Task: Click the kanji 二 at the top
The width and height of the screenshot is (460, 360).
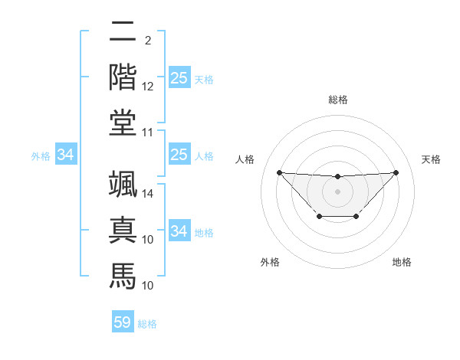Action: [123, 32]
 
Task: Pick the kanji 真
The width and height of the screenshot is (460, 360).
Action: [123, 231]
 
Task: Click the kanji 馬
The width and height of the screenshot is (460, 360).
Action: [123, 275]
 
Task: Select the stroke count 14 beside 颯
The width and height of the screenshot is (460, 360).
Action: [149, 195]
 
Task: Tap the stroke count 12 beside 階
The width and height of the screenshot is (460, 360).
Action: [149, 87]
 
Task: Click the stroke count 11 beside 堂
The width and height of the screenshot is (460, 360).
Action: [149, 132]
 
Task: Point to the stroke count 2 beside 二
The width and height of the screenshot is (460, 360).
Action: [147, 41]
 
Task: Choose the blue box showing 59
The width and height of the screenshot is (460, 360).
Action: [123, 322]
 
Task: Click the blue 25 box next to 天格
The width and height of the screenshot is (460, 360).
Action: [179, 78]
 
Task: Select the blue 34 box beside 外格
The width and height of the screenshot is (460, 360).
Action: [66, 155]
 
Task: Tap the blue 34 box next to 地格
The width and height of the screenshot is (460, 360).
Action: [179, 231]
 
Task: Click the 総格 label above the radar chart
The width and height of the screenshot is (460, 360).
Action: [338, 100]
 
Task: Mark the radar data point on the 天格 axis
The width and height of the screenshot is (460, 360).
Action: [396, 172]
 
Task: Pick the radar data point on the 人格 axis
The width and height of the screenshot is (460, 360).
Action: [279, 172]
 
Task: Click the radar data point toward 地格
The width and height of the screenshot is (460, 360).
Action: [356, 217]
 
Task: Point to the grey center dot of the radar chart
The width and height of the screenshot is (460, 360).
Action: [338, 191]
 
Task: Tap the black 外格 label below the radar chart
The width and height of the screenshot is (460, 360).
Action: [270, 263]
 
